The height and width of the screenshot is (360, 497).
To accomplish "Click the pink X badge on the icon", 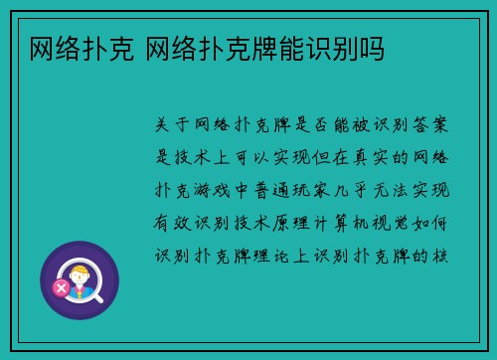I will click(x=61, y=288).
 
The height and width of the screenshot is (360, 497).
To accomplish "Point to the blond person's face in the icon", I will click(x=79, y=270).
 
